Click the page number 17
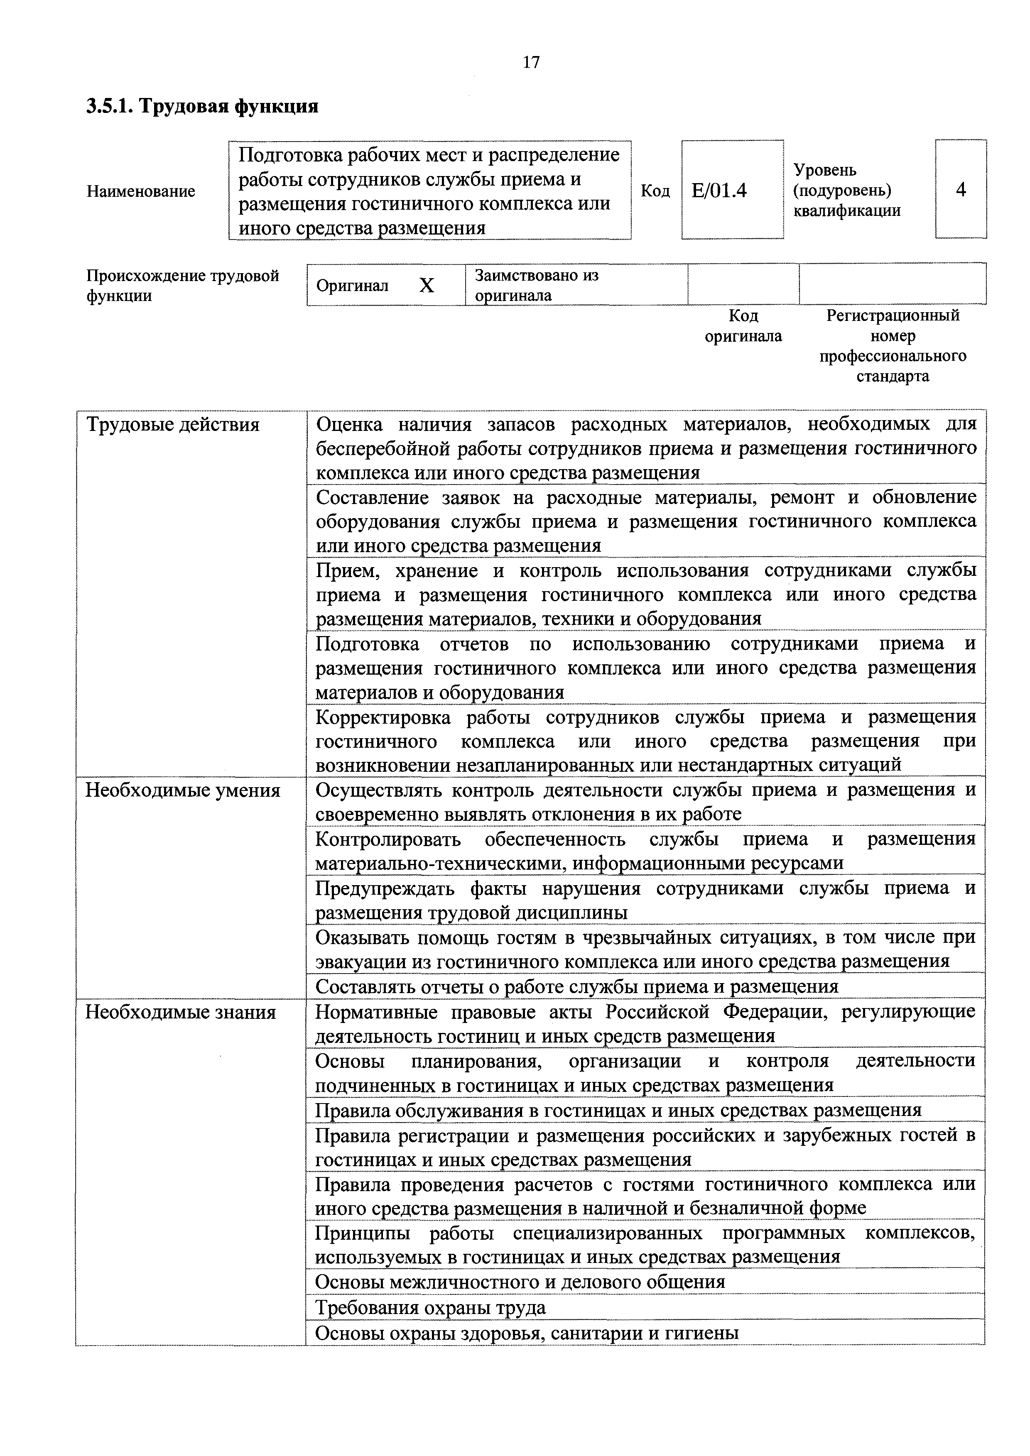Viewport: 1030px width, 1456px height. coord(530,62)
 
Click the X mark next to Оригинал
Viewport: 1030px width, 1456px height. coord(427,286)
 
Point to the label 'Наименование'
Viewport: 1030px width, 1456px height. coord(141,191)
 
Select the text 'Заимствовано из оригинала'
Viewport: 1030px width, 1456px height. coord(537,285)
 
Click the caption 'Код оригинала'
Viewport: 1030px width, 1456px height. coord(743,326)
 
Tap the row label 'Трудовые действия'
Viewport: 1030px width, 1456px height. coord(172,424)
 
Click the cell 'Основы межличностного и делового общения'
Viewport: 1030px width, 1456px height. coord(520,1282)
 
